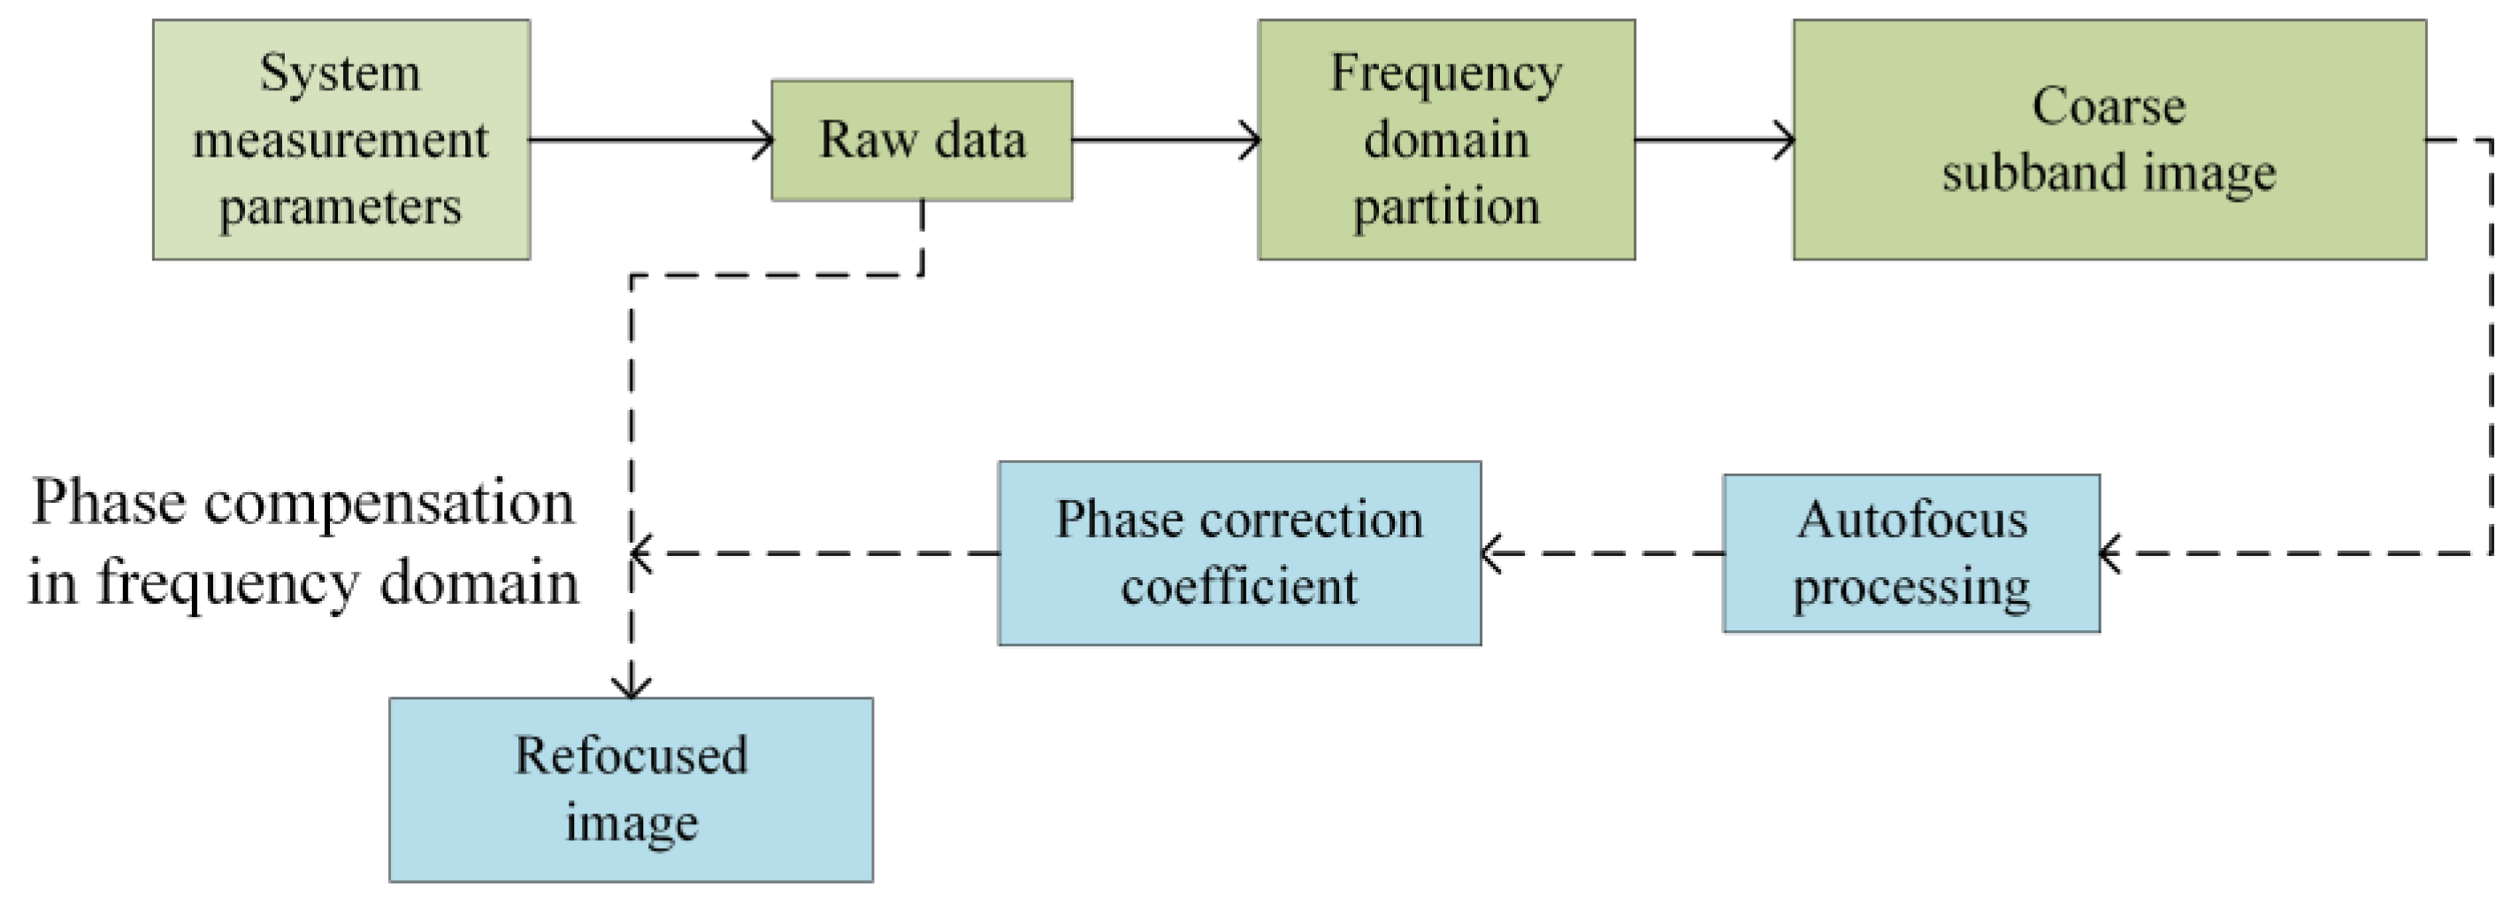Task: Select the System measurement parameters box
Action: (341, 140)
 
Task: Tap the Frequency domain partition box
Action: (1445, 140)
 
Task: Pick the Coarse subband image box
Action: (2109, 140)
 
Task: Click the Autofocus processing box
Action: (1910, 553)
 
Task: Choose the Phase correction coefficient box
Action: (1239, 553)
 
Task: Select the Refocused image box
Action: (631, 789)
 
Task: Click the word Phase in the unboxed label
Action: (108, 503)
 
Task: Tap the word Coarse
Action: (2109, 105)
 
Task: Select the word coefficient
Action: (1239, 586)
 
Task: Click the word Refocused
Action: (631, 755)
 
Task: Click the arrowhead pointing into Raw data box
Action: (762, 140)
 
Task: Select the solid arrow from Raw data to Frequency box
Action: (1164, 140)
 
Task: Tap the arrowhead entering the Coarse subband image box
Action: (1784, 140)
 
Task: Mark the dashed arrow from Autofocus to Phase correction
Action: (1604, 553)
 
